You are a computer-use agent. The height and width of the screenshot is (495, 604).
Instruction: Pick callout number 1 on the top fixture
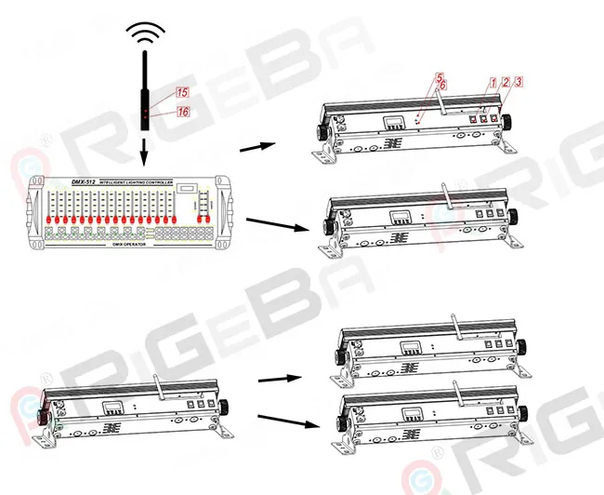pyautogui.click(x=492, y=82)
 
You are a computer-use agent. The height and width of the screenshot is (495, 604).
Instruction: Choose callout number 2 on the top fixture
pyautogui.click(x=506, y=82)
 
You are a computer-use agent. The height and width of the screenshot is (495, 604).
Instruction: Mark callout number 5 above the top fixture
pyautogui.click(x=440, y=75)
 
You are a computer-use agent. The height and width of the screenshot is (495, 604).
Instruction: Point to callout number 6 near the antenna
pyautogui.click(x=443, y=85)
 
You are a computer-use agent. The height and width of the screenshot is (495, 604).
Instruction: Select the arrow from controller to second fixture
pyautogui.click(x=278, y=224)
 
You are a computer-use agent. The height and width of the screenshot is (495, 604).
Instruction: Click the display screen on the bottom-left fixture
pyautogui.click(x=113, y=407)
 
